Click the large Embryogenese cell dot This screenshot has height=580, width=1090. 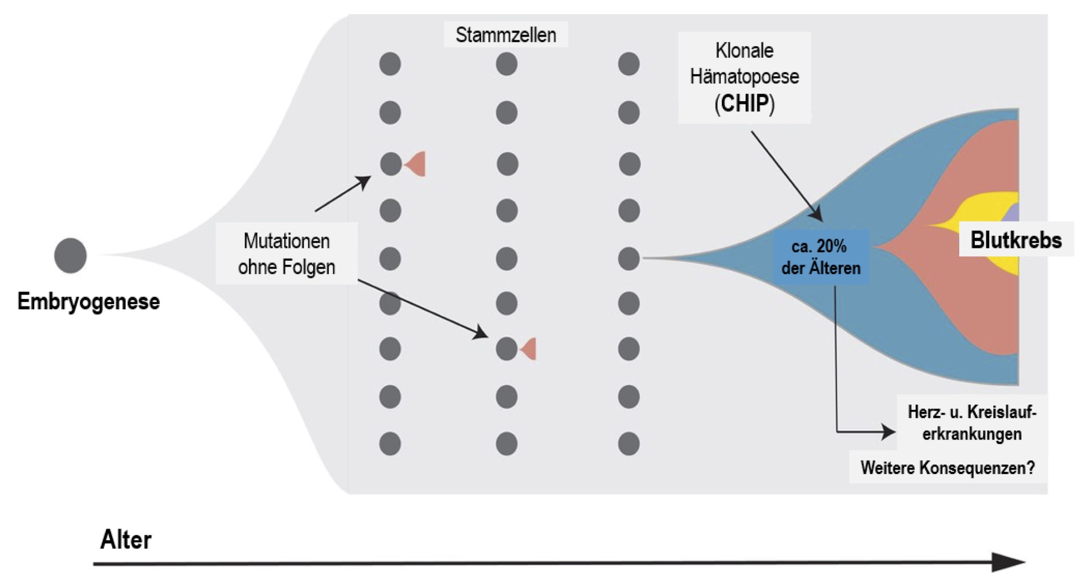(x=70, y=255)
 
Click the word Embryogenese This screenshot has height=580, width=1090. (x=88, y=301)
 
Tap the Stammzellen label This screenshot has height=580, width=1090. (x=505, y=35)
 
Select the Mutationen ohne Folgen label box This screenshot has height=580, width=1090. (x=287, y=254)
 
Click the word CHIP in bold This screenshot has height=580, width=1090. (x=744, y=104)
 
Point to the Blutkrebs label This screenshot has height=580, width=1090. (x=1016, y=240)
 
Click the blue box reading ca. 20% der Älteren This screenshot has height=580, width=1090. (x=820, y=257)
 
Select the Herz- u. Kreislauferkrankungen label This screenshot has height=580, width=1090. (x=971, y=423)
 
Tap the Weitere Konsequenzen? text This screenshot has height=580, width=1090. (x=948, y=468)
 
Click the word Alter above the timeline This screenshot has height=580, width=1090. (x=126, y=540)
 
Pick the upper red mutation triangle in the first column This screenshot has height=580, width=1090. (x=416, y=164)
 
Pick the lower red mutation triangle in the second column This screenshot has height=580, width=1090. (x=529, y=349)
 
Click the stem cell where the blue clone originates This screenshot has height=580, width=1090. (x=629, y=258)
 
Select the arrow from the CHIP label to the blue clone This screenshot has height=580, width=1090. (x=786, y=175)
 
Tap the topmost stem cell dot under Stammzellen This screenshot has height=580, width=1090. (x=507, y=64)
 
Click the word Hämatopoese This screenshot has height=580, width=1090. (x=744, y=76)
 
